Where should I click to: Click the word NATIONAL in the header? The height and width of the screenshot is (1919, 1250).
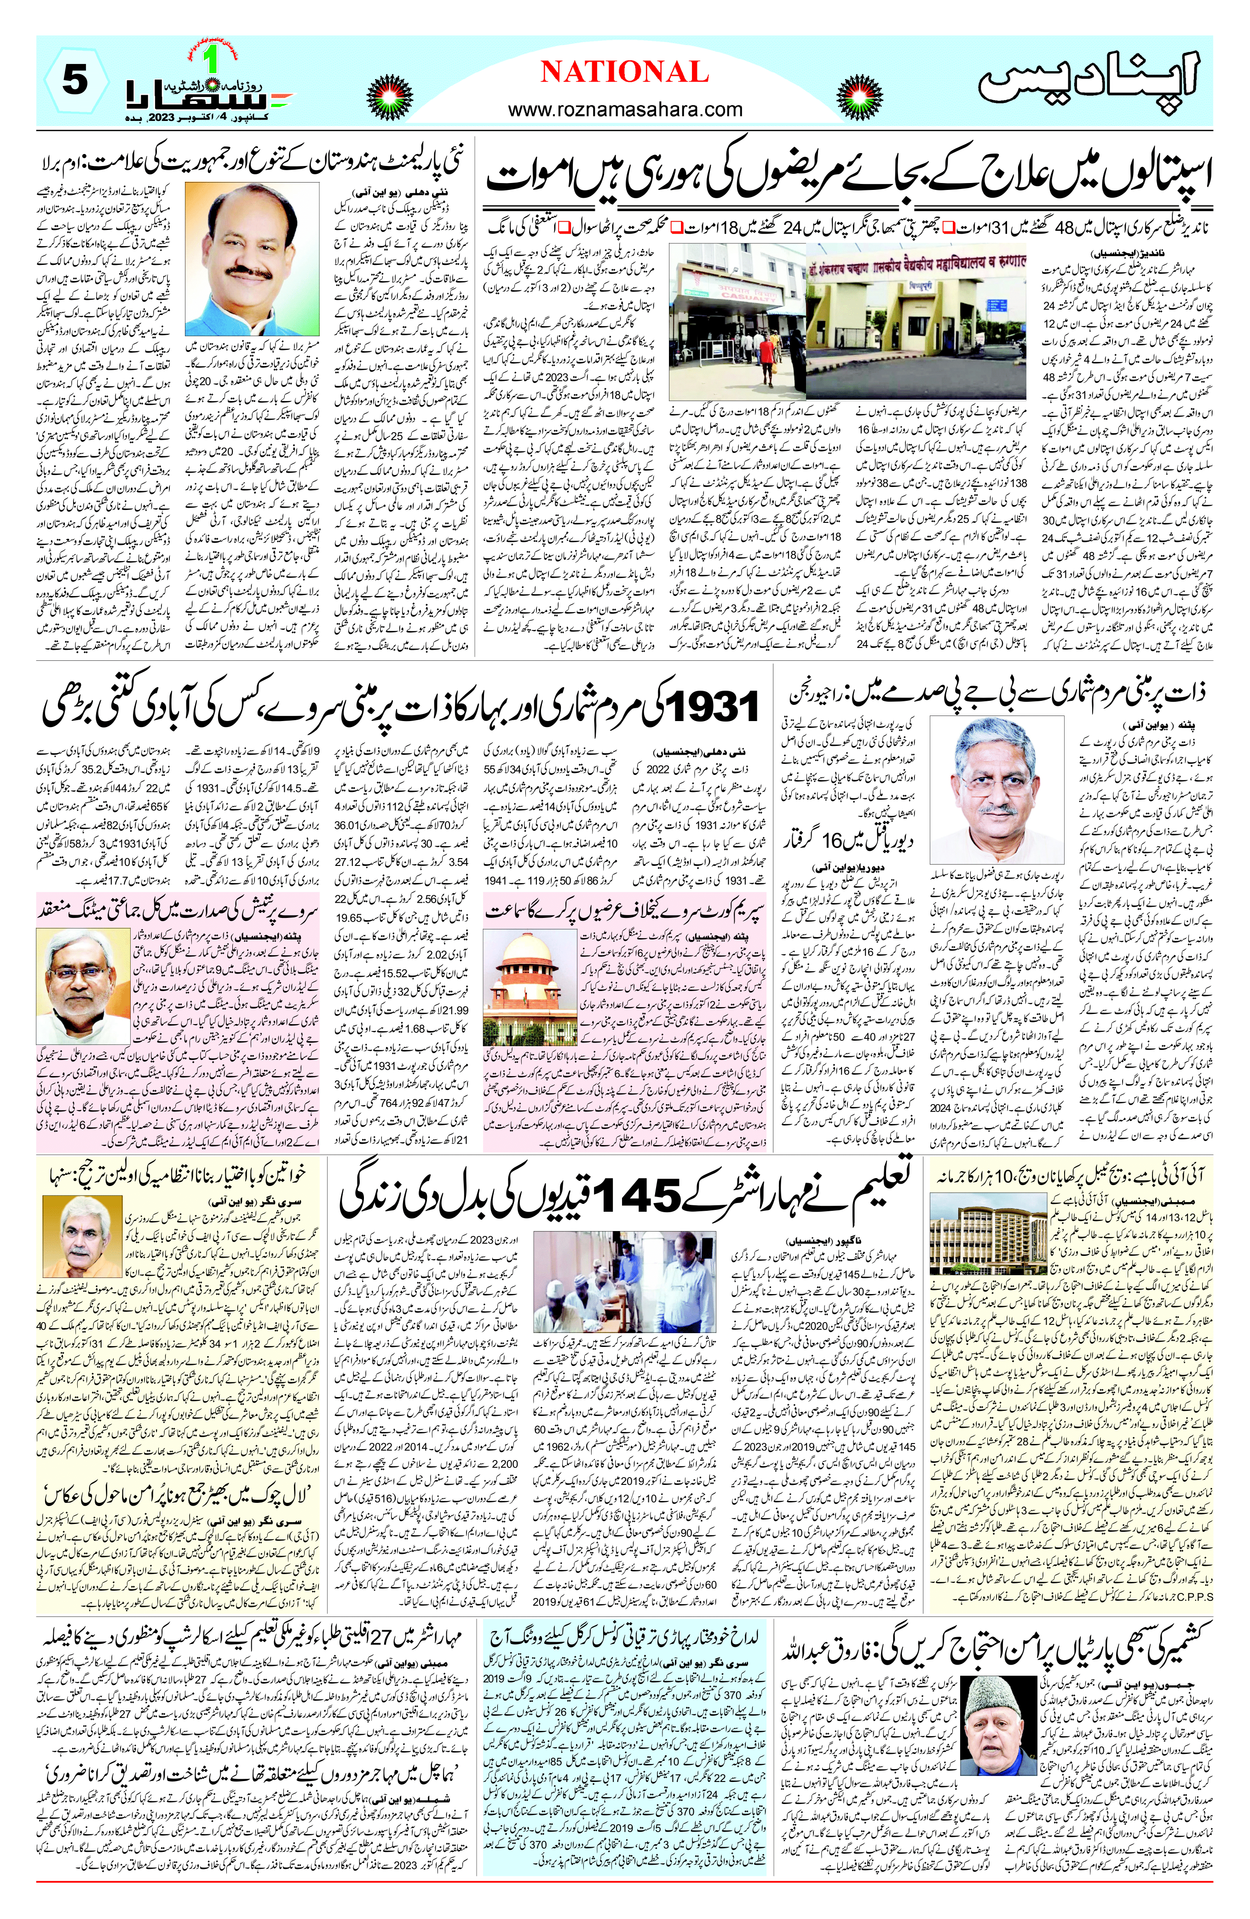[x=624, y=73]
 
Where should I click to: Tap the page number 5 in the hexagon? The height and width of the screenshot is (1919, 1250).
[x=74, y=80]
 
